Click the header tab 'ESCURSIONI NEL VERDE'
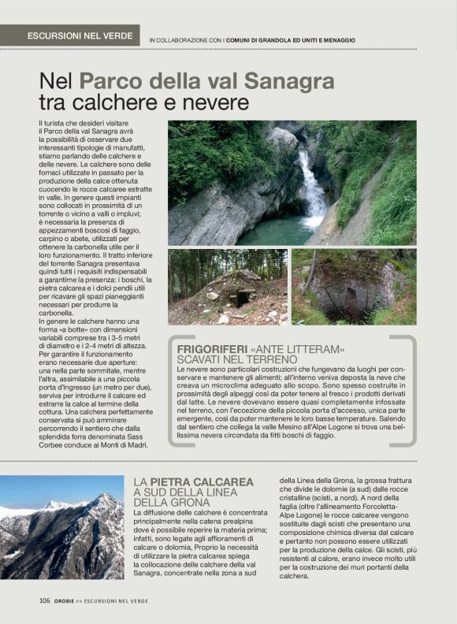78,36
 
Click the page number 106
45,600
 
